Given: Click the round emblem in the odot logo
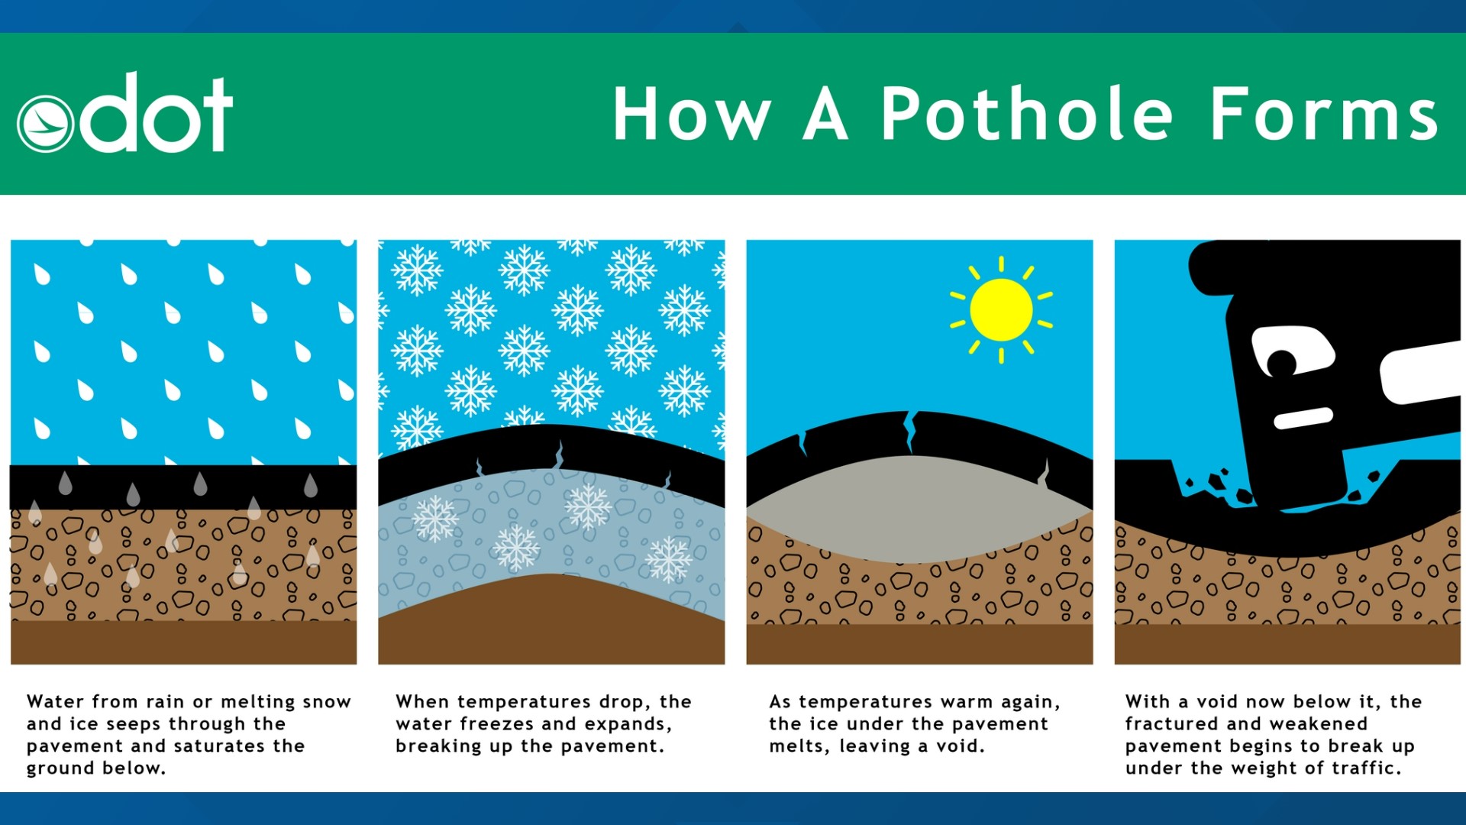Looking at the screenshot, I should tap(45, 125).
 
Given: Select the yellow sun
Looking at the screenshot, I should tap(1001, 309).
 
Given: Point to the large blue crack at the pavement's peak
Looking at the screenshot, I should tap(910, 432).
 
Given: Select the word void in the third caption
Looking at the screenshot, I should tap(961, 746).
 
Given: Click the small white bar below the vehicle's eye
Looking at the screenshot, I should tap(1303, 418).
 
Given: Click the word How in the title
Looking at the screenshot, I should tap(692, 115).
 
